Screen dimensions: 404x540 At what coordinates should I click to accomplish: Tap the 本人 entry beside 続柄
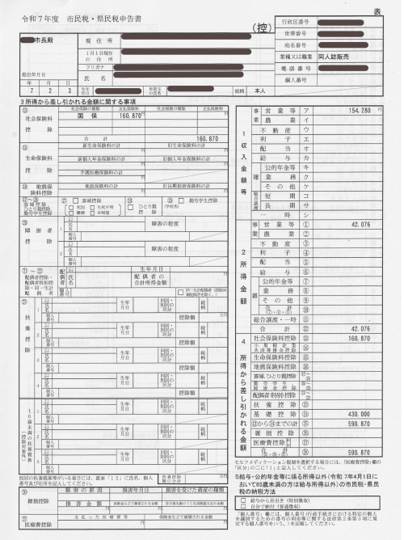[x=260, y=91]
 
